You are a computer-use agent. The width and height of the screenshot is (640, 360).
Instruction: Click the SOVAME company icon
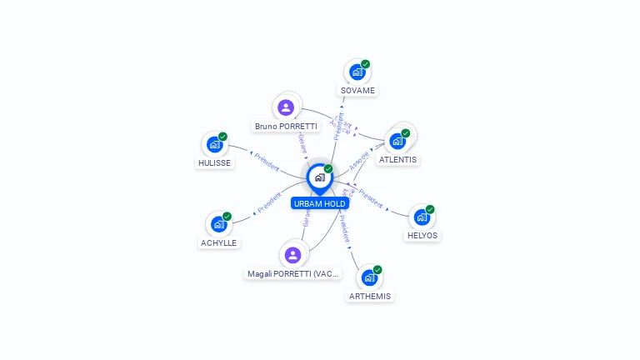point(357,72)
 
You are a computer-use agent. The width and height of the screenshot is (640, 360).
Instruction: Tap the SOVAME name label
point(357,90)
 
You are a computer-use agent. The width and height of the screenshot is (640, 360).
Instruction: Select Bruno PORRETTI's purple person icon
point(286,107)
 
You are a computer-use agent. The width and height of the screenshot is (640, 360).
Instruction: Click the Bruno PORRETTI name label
point(286,127)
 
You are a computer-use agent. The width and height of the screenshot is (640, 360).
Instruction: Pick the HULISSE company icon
point(214,145)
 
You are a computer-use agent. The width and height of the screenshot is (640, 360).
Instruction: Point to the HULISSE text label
point(214,163)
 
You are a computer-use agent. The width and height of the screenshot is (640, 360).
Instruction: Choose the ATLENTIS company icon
point(397,141)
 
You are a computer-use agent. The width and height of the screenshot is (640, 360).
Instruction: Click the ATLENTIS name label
point(397,159)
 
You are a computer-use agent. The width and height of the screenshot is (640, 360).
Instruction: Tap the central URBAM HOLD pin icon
point(319,177)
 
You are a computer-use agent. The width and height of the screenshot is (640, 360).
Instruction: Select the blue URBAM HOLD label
point(320,203)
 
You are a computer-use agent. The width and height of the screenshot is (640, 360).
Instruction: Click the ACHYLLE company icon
point(218,224)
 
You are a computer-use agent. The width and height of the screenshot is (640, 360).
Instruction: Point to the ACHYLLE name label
point(218,243)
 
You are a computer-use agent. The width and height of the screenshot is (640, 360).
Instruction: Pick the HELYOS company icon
point(422,217)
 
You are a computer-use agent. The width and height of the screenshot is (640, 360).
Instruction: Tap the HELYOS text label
point(422,236)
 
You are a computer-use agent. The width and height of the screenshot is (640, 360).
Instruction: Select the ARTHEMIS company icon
point(369,277)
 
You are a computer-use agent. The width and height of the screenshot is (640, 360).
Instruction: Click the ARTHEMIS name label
point(369,296)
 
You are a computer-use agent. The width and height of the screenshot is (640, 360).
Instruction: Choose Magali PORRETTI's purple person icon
point(292,255)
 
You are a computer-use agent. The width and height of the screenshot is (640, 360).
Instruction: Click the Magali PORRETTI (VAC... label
point(294,273)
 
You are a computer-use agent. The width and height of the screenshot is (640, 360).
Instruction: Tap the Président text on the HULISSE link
point(267,161)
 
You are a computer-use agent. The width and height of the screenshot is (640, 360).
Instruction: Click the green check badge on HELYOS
point(430,209)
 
